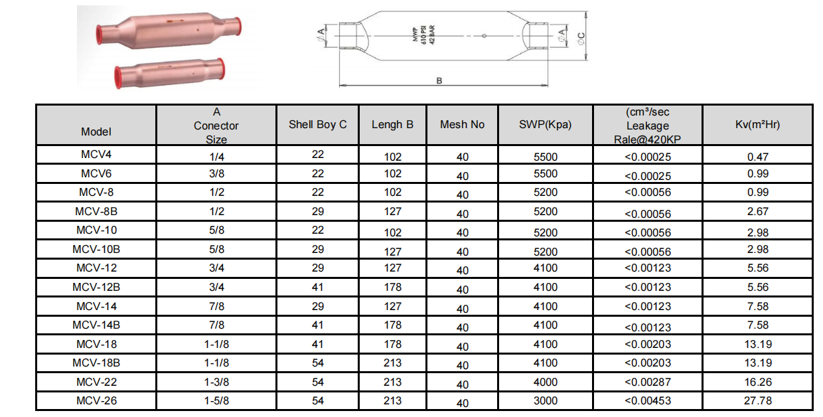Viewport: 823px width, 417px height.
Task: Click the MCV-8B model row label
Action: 96,211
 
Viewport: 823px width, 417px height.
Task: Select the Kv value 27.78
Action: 757,400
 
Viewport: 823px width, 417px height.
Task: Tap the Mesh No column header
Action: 462,125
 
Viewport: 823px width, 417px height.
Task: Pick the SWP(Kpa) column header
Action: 546,125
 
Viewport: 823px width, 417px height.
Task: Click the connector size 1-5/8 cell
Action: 216,400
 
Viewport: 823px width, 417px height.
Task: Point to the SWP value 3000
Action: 546,400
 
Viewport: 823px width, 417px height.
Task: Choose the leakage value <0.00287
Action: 648,382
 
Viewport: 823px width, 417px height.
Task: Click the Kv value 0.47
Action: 757,157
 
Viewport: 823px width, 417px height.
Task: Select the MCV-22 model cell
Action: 96,382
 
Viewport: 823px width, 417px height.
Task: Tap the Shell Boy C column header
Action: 318,125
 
